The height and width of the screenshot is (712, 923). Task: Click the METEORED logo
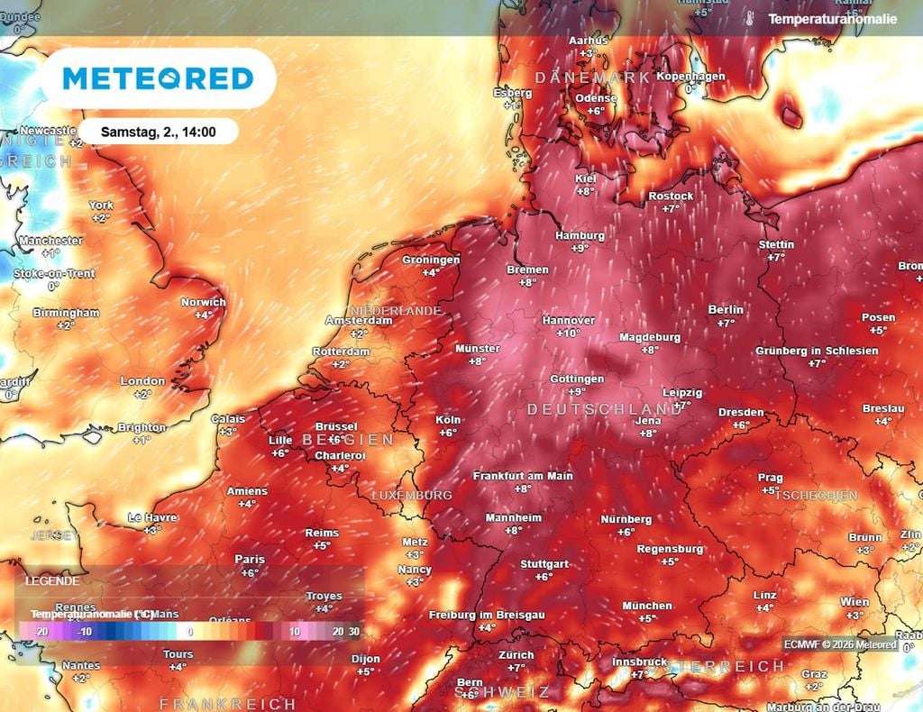158,78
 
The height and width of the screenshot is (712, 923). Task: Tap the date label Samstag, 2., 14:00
158,132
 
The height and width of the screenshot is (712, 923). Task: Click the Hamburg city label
580,236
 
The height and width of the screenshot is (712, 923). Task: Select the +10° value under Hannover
568,333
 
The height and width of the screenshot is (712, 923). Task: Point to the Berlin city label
726,310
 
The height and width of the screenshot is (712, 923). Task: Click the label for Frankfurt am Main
523,476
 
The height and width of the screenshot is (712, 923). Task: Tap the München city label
646,606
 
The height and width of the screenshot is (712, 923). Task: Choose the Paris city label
250,559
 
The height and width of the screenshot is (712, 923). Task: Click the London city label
142,381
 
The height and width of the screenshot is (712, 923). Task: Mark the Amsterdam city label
359,321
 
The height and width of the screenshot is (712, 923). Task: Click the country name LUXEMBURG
412,496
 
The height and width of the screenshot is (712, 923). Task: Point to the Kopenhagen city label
690,77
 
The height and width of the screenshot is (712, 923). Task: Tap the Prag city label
770,478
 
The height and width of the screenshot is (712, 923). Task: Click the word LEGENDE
53,581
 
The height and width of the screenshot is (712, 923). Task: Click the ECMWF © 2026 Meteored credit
839,644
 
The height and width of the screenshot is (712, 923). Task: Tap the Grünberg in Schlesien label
817,351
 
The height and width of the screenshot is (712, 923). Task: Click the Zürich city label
515,655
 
